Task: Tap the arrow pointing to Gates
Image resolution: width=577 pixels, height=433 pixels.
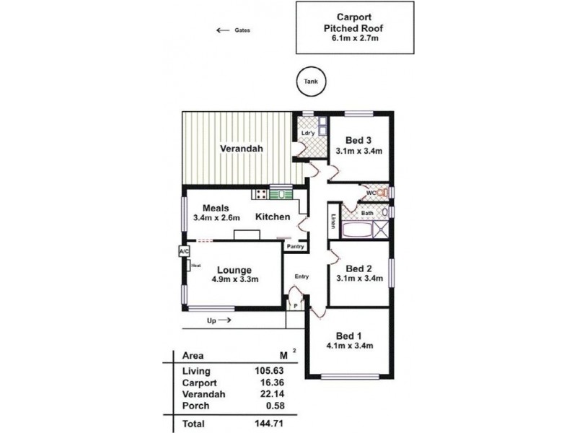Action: [x=223, y=30]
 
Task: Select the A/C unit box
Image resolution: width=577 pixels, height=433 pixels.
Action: [x=184, y=251]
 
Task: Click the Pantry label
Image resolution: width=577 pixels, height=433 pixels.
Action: [x=296, y=246]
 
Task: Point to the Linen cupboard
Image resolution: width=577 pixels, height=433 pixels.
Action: [x=334, y=221]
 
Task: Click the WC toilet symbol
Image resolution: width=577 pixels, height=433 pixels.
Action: [x=383, y=192]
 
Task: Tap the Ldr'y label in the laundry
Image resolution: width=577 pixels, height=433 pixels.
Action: [x=308, y=133]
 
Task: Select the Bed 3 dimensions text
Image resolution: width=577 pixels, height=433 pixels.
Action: [x=358, y=151]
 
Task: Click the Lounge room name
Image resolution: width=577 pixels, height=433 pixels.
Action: [x=234, y=270]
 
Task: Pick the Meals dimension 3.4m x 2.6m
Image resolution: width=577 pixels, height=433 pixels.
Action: [x=216, y=218]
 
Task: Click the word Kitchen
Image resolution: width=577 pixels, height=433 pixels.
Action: [x=273, y=217]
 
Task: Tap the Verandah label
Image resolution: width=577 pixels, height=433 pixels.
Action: [x=242, y=149]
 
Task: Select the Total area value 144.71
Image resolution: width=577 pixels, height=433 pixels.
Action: [x=269, y=424]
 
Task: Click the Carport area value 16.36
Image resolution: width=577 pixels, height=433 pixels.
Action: [x=272, y=382]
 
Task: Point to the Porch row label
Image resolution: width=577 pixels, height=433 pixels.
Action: [x=195, y=406]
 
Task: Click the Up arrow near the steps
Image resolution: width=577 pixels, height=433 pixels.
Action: [x=224, y=320]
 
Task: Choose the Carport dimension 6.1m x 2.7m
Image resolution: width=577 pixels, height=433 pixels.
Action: [x=355, y=38]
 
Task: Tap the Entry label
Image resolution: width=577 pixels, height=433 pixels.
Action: [x=301, y=276]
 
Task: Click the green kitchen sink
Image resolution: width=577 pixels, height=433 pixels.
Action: [x=281, y=193]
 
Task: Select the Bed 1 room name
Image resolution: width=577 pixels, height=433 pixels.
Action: [x=349, y=336]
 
